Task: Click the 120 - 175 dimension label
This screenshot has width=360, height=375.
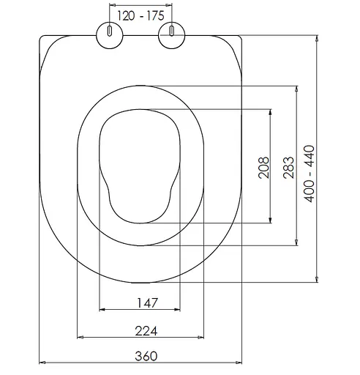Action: pos(140,16)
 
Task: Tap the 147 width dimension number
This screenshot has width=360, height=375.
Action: pos(147,303)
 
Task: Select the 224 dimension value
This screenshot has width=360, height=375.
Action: pos(146,331)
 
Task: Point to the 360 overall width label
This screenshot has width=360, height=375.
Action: pos(146,356)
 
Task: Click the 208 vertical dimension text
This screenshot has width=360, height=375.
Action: pos(263,168)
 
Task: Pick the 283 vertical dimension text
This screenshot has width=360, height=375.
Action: pos(288,168)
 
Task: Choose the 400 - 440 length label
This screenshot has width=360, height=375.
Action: pos(309,174)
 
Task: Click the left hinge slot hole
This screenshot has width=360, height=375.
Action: pos(110,31)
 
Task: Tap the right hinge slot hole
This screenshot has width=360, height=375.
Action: pos(172,31)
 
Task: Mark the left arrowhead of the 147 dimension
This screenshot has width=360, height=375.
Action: pos(102,310)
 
